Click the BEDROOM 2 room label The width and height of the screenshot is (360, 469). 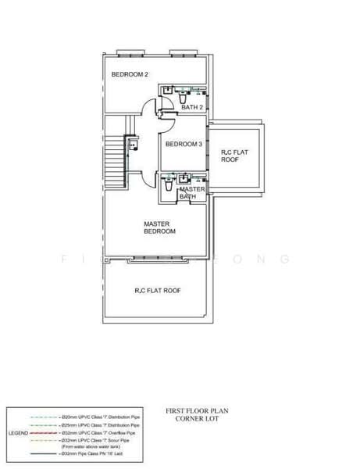click(x=130, y=74)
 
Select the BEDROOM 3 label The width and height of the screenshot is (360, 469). click(x=184, y=145)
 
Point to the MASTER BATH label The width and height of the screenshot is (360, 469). click(x=191, y=193)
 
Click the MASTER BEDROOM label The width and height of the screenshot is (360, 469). click(x=159, y=227)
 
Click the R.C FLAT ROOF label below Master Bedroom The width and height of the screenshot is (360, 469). click(x=158, y=290)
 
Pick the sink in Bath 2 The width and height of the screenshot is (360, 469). click(x=166, y=91)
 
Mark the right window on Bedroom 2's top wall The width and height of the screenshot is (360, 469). click(x=181, y=53)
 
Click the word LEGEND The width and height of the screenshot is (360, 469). click(x=19, y=432)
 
